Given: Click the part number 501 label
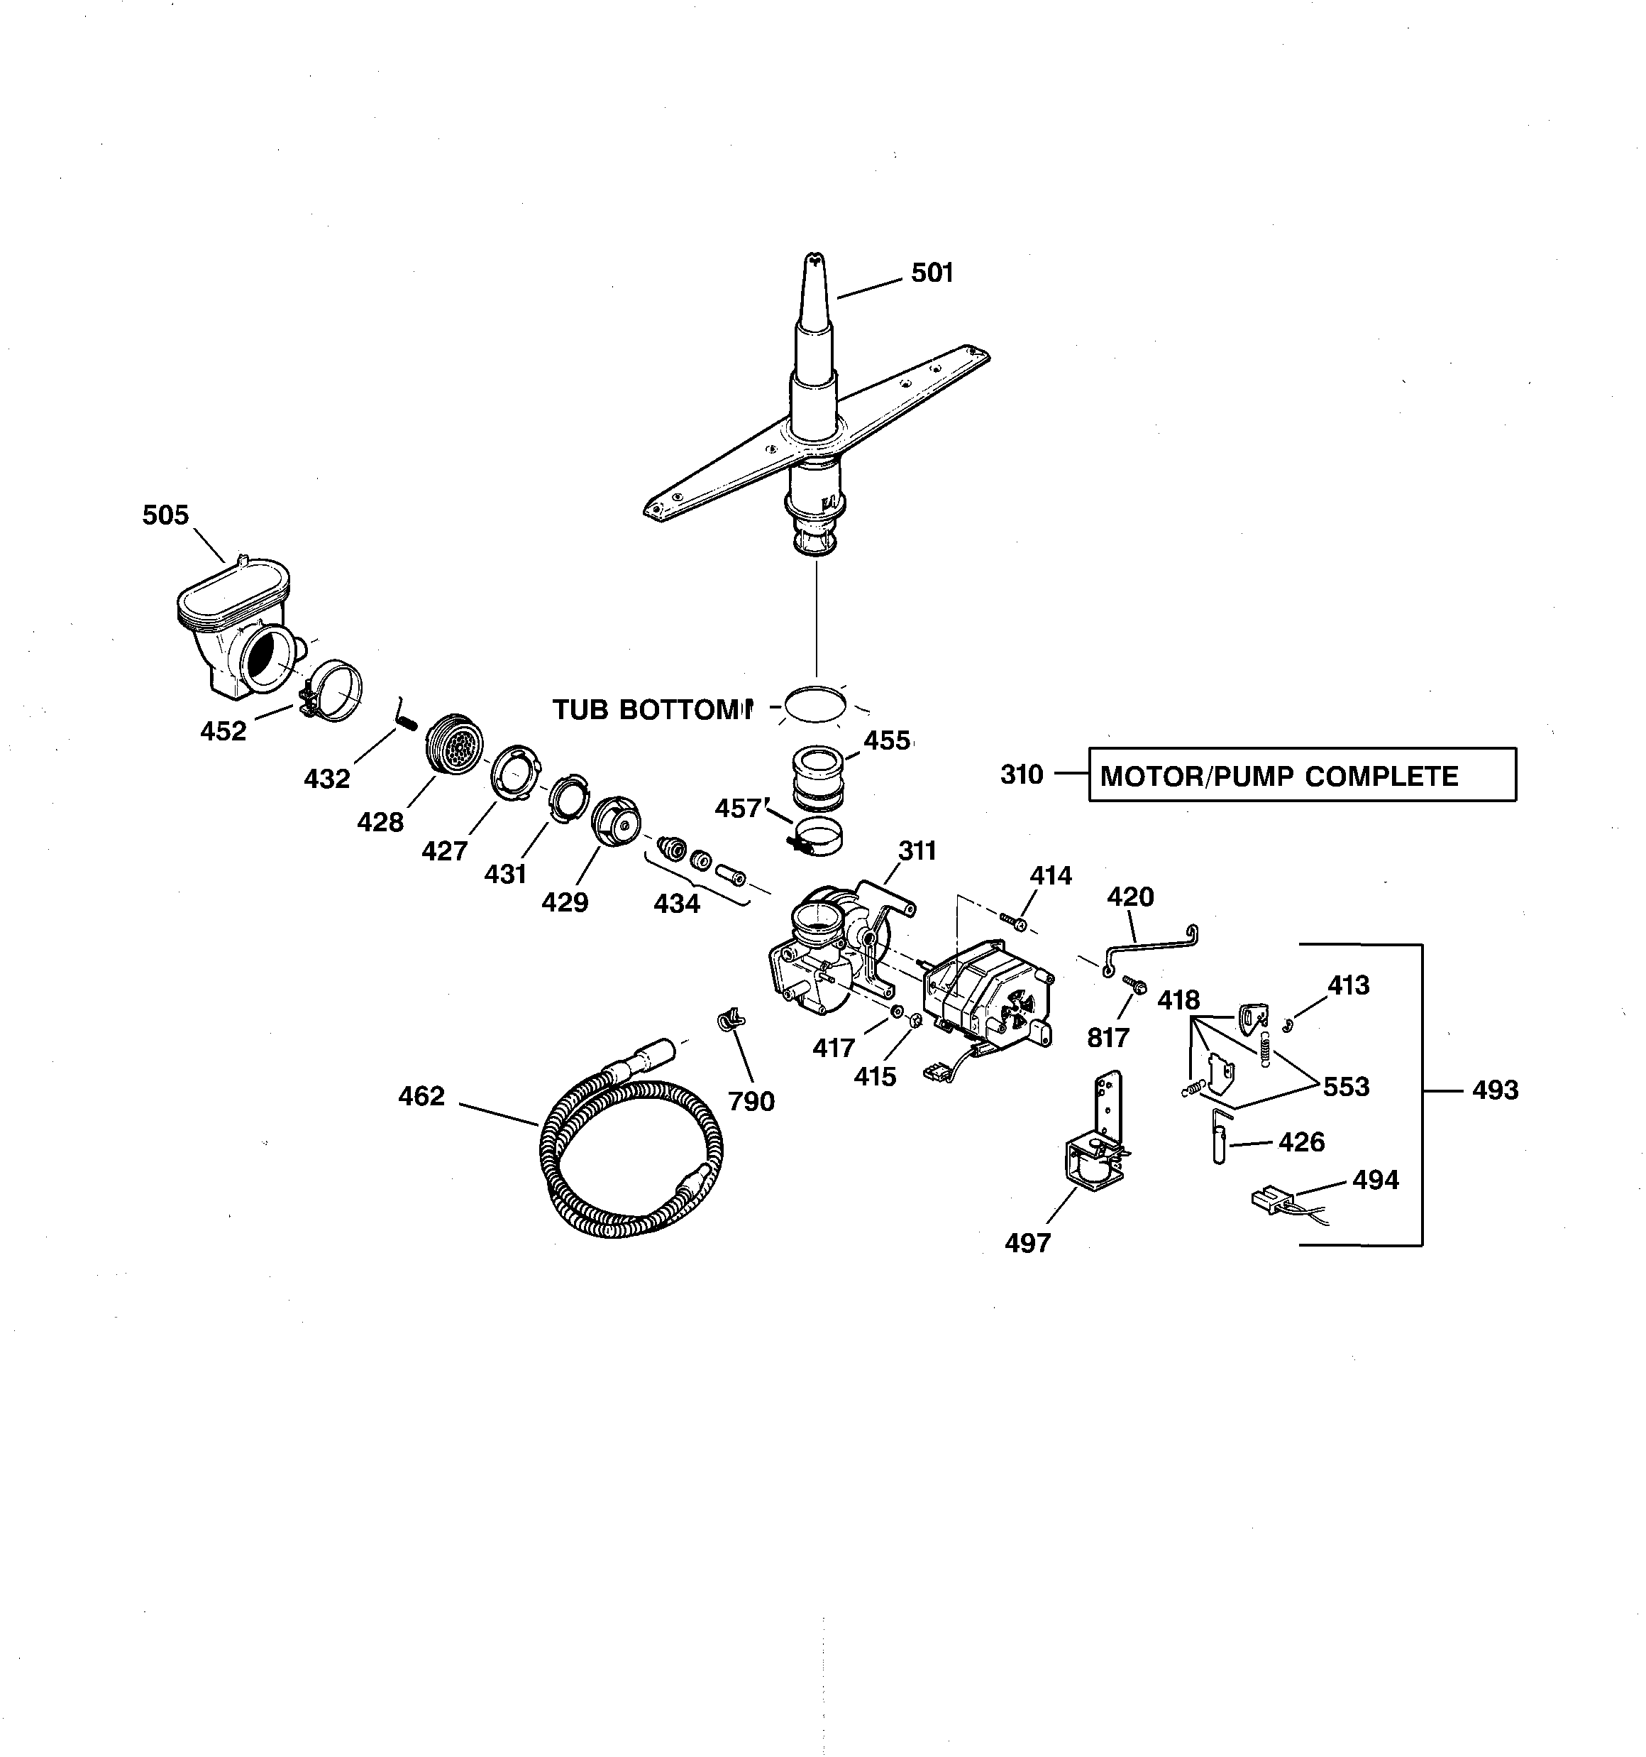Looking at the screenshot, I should coord(932,273).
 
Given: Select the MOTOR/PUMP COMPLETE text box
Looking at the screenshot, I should coord(1301,775).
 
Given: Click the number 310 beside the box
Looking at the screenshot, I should coord(1022,774).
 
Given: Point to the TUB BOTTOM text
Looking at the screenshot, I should coord(652,710).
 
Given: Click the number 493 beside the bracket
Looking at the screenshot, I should coord(1495,1090).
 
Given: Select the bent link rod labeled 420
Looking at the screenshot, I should coord(1149,945).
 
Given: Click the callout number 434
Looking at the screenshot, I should coord(677,903).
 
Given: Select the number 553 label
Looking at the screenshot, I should coord(1346,1086).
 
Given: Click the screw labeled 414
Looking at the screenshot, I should coord(1016,923).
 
